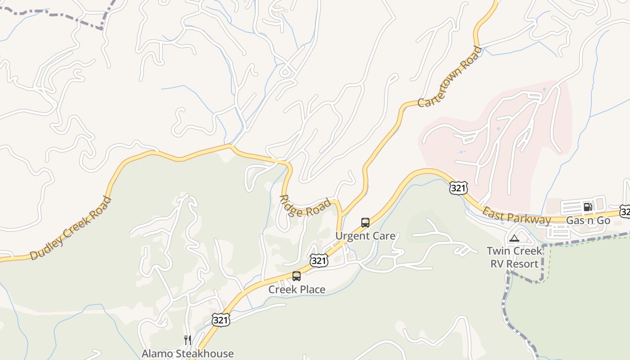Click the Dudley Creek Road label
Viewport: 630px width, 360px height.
pyautogui.click(x=70, y=228)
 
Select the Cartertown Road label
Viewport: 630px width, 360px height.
pyautogui.click(x=450, y=77)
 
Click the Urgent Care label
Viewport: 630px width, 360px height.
pyautogui.click(x=365, y=236)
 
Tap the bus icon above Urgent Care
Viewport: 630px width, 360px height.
pyautogui.click(x=365, y=222)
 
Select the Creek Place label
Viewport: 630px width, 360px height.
pyautogui.click(x=297, y=289)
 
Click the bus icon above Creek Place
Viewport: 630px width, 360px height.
pyautogui.click(x=297, y=276)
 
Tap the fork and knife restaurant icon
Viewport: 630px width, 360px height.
pyautogui.click(x=188, y=340)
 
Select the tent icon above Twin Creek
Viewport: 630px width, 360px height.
pyautogui.click(x=514, y=238)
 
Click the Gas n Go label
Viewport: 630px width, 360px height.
pyautogui.click(x=588, y=220)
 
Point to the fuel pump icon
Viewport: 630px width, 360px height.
pyautogui.click(x=588, y=207)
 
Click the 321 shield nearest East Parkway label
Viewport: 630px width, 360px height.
pyautogui.click(x=458, y=188)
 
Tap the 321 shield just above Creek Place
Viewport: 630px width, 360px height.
pyautogui.click(x=319, y=260)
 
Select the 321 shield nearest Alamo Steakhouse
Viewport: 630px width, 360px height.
pyautogui.click(x=221, y=320)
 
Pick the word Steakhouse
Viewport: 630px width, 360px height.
pyautogui.click(x=205, y=354)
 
